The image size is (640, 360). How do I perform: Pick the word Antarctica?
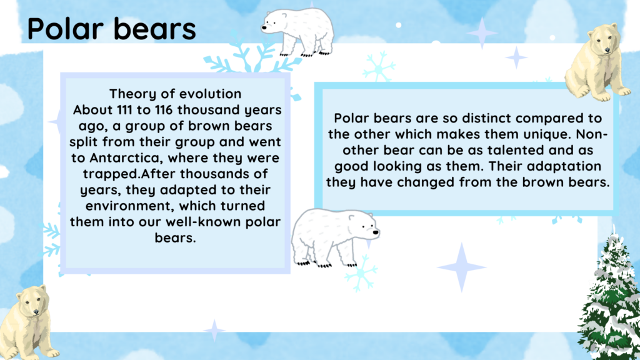point(125,158)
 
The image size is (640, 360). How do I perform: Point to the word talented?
point(516,150)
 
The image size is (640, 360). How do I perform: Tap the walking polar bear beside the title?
point(297,32)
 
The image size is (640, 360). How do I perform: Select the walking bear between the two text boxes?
point(335,237)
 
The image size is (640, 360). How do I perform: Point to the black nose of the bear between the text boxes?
point(376,233)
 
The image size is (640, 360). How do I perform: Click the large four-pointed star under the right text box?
point(462,267)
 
